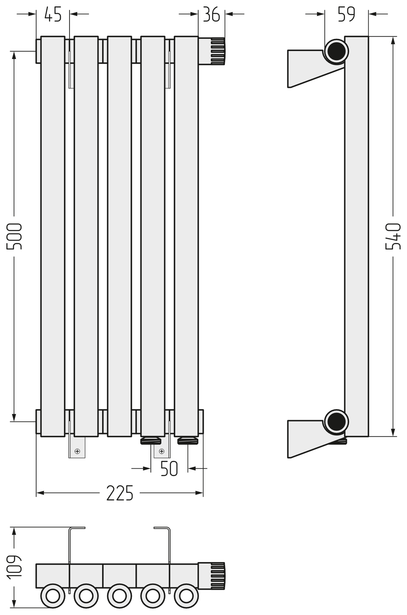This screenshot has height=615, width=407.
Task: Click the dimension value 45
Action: pos(53,14)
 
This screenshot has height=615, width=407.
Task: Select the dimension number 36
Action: pos(211,14)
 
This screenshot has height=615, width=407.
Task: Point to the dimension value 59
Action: pos(346,14)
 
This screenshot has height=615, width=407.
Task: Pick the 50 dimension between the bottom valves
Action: pos(169,469)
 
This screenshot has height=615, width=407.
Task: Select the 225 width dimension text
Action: pos(120,493)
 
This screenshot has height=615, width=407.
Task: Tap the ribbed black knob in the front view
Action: pos(218,51)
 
